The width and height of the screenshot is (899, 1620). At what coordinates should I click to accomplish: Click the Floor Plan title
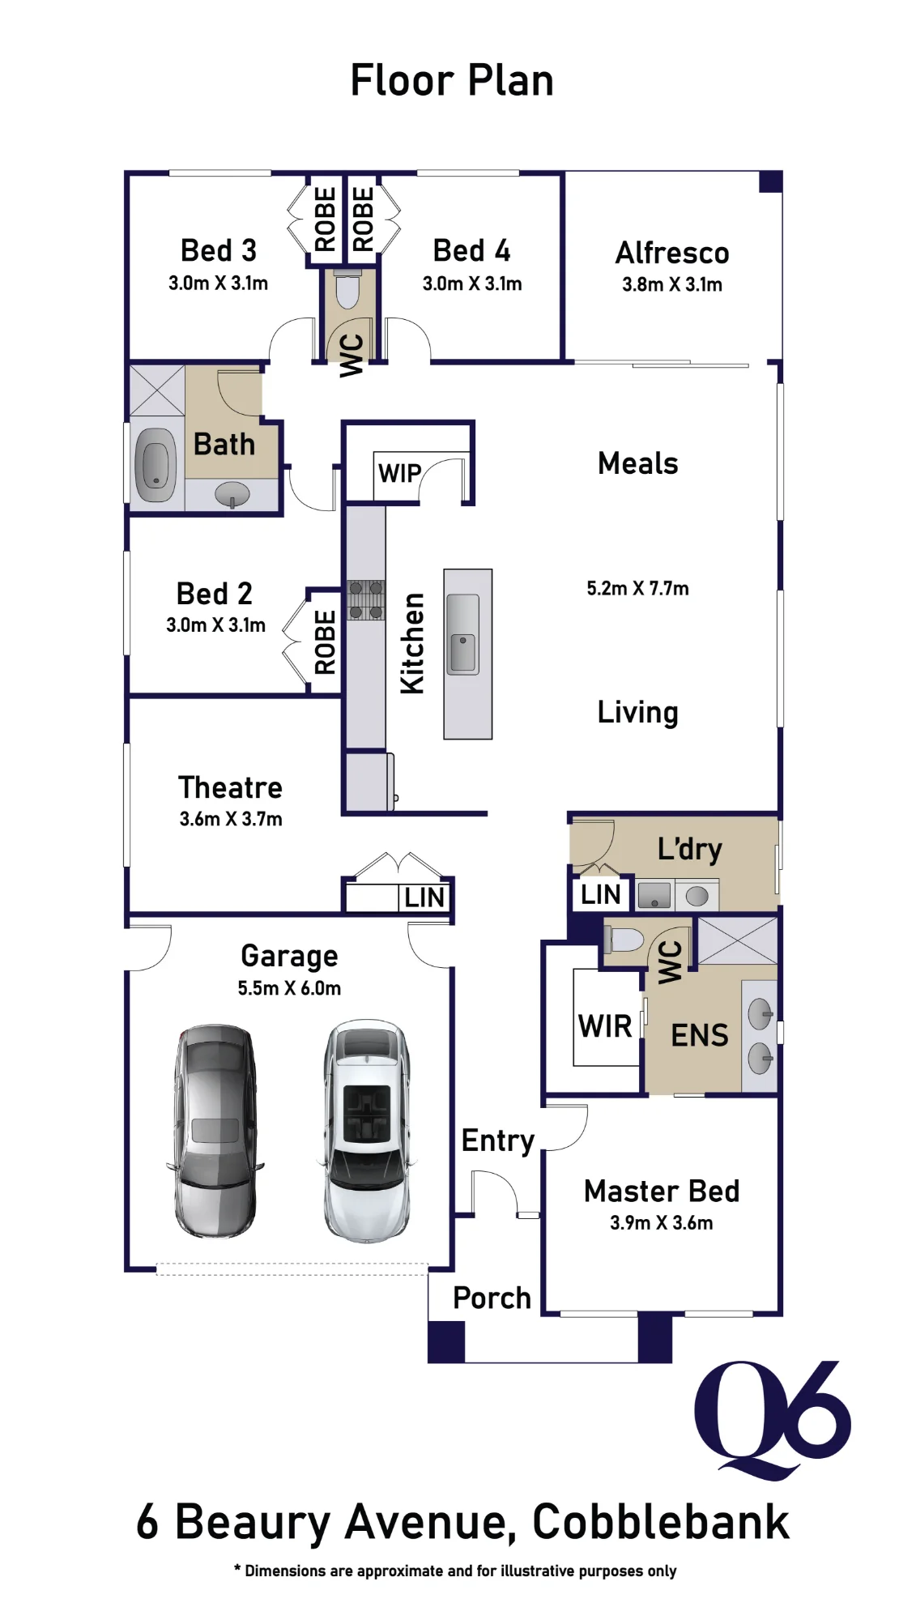click(452, 80)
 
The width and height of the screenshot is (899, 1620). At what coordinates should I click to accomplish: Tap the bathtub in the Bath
click(156, 466)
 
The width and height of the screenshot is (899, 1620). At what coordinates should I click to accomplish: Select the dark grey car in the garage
click(215, 1131)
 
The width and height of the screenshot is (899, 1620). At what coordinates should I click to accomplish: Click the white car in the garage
click(367, 1131)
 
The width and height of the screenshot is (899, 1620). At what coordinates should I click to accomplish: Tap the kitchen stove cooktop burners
click(366, 600)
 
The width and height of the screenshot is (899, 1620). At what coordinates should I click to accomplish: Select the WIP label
click(400, 473)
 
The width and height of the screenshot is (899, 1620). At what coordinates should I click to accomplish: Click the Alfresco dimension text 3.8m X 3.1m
click(672, 284)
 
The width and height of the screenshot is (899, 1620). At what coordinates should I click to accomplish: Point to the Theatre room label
click(231, 787)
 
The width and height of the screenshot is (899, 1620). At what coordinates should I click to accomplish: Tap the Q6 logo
click(773, 1419)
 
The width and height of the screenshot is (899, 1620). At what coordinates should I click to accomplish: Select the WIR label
click(605, 1026)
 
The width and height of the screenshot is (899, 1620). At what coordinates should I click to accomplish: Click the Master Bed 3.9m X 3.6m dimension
click(662, 1223)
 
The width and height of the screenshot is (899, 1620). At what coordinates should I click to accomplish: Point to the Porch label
click(492, 1298)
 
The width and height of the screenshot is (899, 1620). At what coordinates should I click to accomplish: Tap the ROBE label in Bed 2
click(325, 642)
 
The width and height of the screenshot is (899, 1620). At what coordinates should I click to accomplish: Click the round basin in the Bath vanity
click(232, 492)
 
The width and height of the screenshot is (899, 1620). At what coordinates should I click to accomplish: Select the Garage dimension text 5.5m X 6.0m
click(289, 988)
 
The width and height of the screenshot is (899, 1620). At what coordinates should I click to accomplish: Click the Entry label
click(498, 1140)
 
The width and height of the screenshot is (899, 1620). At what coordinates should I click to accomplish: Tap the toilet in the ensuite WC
click(624, 940)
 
